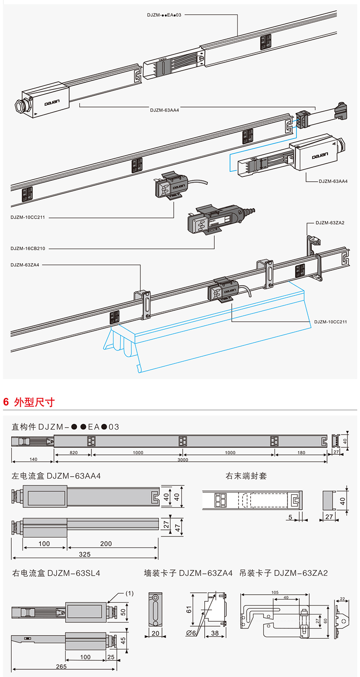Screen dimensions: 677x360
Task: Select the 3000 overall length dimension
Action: coord(183,460)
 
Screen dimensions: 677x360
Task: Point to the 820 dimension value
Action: coord(73,453)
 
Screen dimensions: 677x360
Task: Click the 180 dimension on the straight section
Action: coord(301,453)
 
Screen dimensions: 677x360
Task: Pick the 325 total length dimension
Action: coord(85,554)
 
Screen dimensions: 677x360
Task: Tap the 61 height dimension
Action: coord(189,610)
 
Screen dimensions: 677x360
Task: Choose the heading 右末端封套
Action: coord(246,475)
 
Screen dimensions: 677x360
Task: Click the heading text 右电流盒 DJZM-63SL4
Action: coord(56,573)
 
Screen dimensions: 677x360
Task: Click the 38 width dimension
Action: coord(215,632)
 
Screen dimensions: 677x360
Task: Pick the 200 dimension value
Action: coord(106,543)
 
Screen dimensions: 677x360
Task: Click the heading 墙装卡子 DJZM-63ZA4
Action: coord(188,573)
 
